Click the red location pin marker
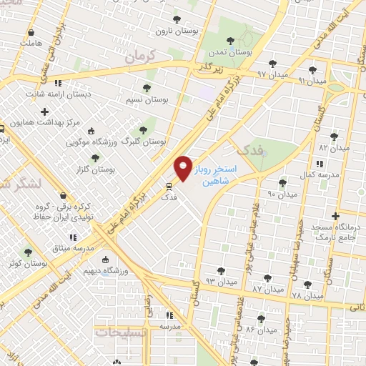184,167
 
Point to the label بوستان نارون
177,32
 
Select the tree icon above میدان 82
333,136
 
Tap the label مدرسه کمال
317,174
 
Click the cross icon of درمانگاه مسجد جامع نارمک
335,215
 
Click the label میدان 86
260,330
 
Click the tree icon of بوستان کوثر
28,252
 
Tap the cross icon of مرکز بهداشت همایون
44,112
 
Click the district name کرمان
139,56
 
